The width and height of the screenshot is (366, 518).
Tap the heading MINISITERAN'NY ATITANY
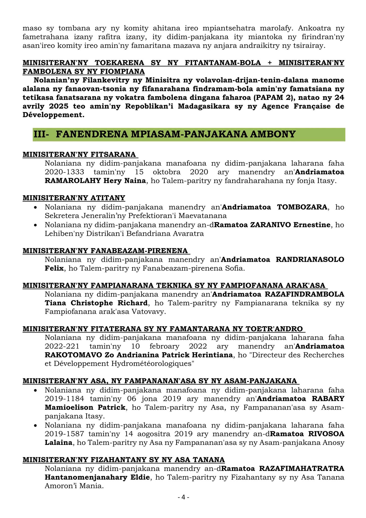74,198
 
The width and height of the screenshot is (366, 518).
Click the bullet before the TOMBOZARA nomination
36,207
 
